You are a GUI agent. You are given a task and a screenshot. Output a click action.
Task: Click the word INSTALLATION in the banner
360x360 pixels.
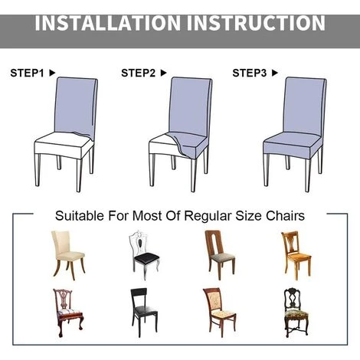107,23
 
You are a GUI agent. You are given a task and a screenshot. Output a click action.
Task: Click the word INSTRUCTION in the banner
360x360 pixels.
256,23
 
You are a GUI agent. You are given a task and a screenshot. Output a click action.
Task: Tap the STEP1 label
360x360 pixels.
27,73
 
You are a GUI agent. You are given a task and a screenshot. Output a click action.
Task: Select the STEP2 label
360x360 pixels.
138,73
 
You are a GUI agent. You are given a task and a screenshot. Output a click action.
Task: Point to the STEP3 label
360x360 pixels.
250,73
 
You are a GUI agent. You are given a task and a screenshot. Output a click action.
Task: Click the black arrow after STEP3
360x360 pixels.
275,73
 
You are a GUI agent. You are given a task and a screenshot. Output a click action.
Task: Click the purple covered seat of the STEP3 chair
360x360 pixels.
293,140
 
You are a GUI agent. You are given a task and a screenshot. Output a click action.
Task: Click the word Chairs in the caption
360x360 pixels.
285,216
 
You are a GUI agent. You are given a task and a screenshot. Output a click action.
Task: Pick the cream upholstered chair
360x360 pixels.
68,255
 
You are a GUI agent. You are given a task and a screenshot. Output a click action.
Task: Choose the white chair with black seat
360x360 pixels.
144,255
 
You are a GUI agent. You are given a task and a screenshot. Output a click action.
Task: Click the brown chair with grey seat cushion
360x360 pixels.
220,255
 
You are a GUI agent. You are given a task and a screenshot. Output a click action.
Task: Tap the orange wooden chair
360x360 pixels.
296,256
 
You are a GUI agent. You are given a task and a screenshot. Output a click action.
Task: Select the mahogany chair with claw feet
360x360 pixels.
68,313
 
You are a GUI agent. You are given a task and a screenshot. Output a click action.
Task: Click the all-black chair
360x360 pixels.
144,313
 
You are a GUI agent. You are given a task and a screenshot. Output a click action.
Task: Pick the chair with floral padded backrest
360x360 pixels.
219,313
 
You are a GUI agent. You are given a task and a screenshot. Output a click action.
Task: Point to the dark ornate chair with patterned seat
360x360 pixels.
296,313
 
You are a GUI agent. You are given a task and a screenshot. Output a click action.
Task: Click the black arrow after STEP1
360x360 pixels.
52,73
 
